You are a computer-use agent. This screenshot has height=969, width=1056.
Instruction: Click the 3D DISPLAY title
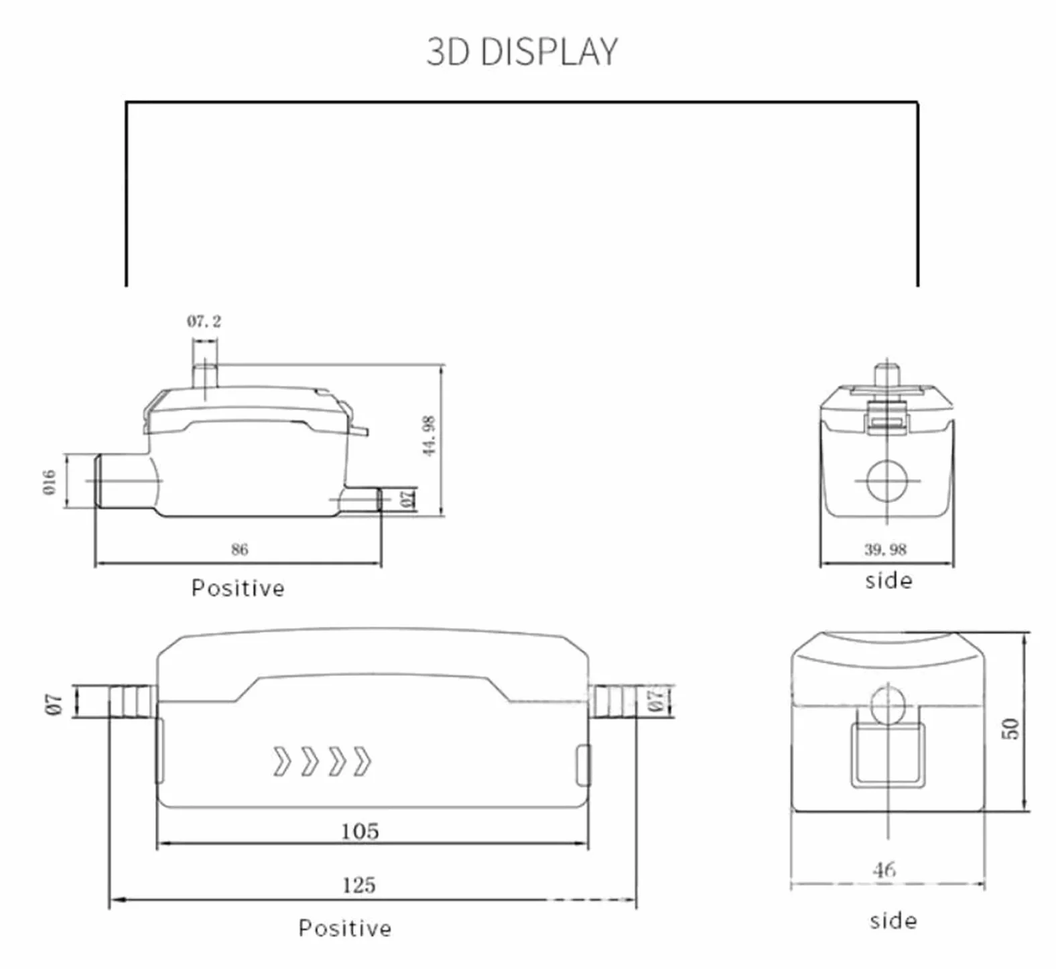pyautogui.click(x=522, y=52)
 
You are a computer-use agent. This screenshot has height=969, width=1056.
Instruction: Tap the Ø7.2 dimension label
pyautogui.click(x=204, y=322)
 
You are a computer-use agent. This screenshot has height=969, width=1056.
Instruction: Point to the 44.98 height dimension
pyautogui.click(x=429, y=436)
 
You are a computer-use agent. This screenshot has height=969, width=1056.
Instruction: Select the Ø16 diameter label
pyautogui.click(x=50, y=482)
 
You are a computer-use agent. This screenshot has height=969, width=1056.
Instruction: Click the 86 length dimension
pyautogui.click(x=239, y=550)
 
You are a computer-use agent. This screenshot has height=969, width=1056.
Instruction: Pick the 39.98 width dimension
pyautogui.click(x=885, y=550)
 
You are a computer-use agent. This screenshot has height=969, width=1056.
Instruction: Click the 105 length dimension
pyautogui.click(x=360, y=831)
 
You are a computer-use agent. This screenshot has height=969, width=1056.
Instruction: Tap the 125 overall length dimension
pyautogui.click(x=358, y=885)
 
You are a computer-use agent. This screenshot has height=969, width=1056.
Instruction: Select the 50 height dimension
pyautogui.click(x=1011, y=728)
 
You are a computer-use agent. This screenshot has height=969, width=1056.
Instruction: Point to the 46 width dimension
pyautogui.click(x=884, y=870)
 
